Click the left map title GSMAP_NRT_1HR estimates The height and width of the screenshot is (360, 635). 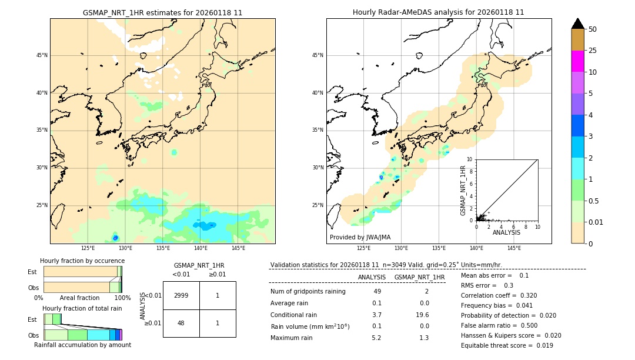(x=162, y=12)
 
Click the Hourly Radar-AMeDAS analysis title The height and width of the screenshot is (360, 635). (x=438, y=12)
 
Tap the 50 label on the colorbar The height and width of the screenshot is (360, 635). (x=593, y=29)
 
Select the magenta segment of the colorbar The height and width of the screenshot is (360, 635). (x=577, y=61)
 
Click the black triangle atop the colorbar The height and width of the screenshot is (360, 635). (x=577, y=24)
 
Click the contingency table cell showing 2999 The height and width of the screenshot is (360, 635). (x=181, y=295)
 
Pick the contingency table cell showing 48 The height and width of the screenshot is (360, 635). (x=181, y=323)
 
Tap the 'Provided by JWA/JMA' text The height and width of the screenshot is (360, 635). (x=360, y=237)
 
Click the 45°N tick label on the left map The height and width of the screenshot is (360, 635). (x=42, y=55)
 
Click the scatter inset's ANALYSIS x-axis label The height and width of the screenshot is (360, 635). (x=506, y=232)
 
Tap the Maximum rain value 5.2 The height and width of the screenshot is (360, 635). (x=376, y=338)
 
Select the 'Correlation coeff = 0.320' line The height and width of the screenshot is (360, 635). (x=499, y=295)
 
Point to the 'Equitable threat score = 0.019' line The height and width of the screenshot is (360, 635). (x=507, y=345)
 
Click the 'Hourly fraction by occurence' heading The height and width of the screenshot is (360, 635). (x=82, y=261)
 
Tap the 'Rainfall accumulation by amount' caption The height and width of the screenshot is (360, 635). (x=82, y=345)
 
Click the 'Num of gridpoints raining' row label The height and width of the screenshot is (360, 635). (x=308, y=291)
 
